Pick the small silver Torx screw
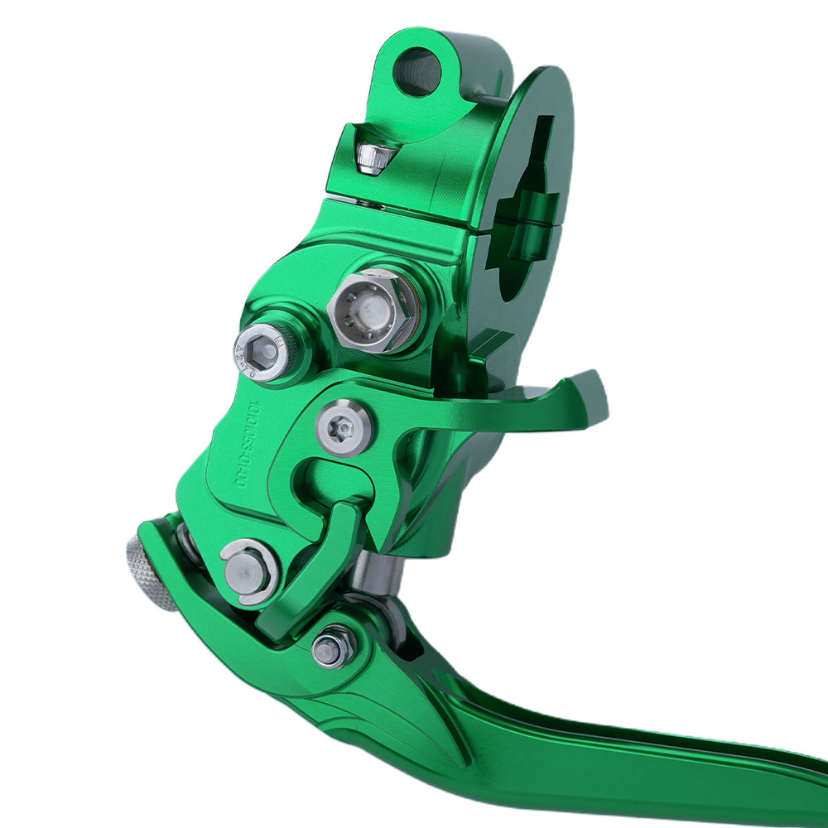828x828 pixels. (x=344, y=428)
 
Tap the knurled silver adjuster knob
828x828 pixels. (x=149, y=571)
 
